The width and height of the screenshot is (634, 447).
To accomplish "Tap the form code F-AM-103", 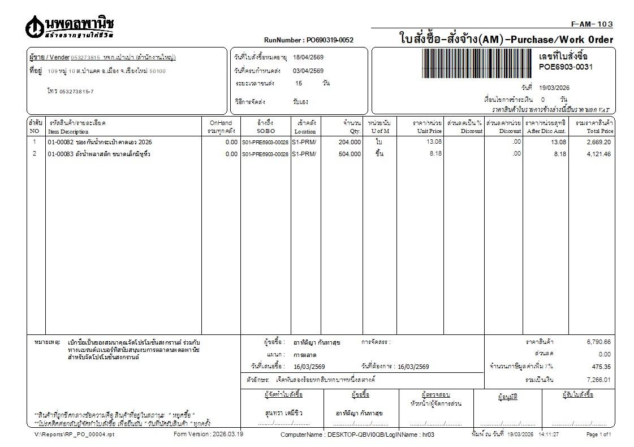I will [592, 24].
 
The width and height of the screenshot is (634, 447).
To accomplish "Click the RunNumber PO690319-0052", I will [308, 40].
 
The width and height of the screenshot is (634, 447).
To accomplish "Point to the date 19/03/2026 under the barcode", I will [554, 88].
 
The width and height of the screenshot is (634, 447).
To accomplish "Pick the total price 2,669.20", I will [598, 142].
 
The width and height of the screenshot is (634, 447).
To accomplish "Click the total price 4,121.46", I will [598, 154].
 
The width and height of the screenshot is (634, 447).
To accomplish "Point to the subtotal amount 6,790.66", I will [598, 342].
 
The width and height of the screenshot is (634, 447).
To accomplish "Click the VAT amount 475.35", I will [601, 367].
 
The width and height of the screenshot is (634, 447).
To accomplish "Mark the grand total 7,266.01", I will [598, 379].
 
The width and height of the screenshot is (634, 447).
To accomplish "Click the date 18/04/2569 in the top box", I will [308, 57].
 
